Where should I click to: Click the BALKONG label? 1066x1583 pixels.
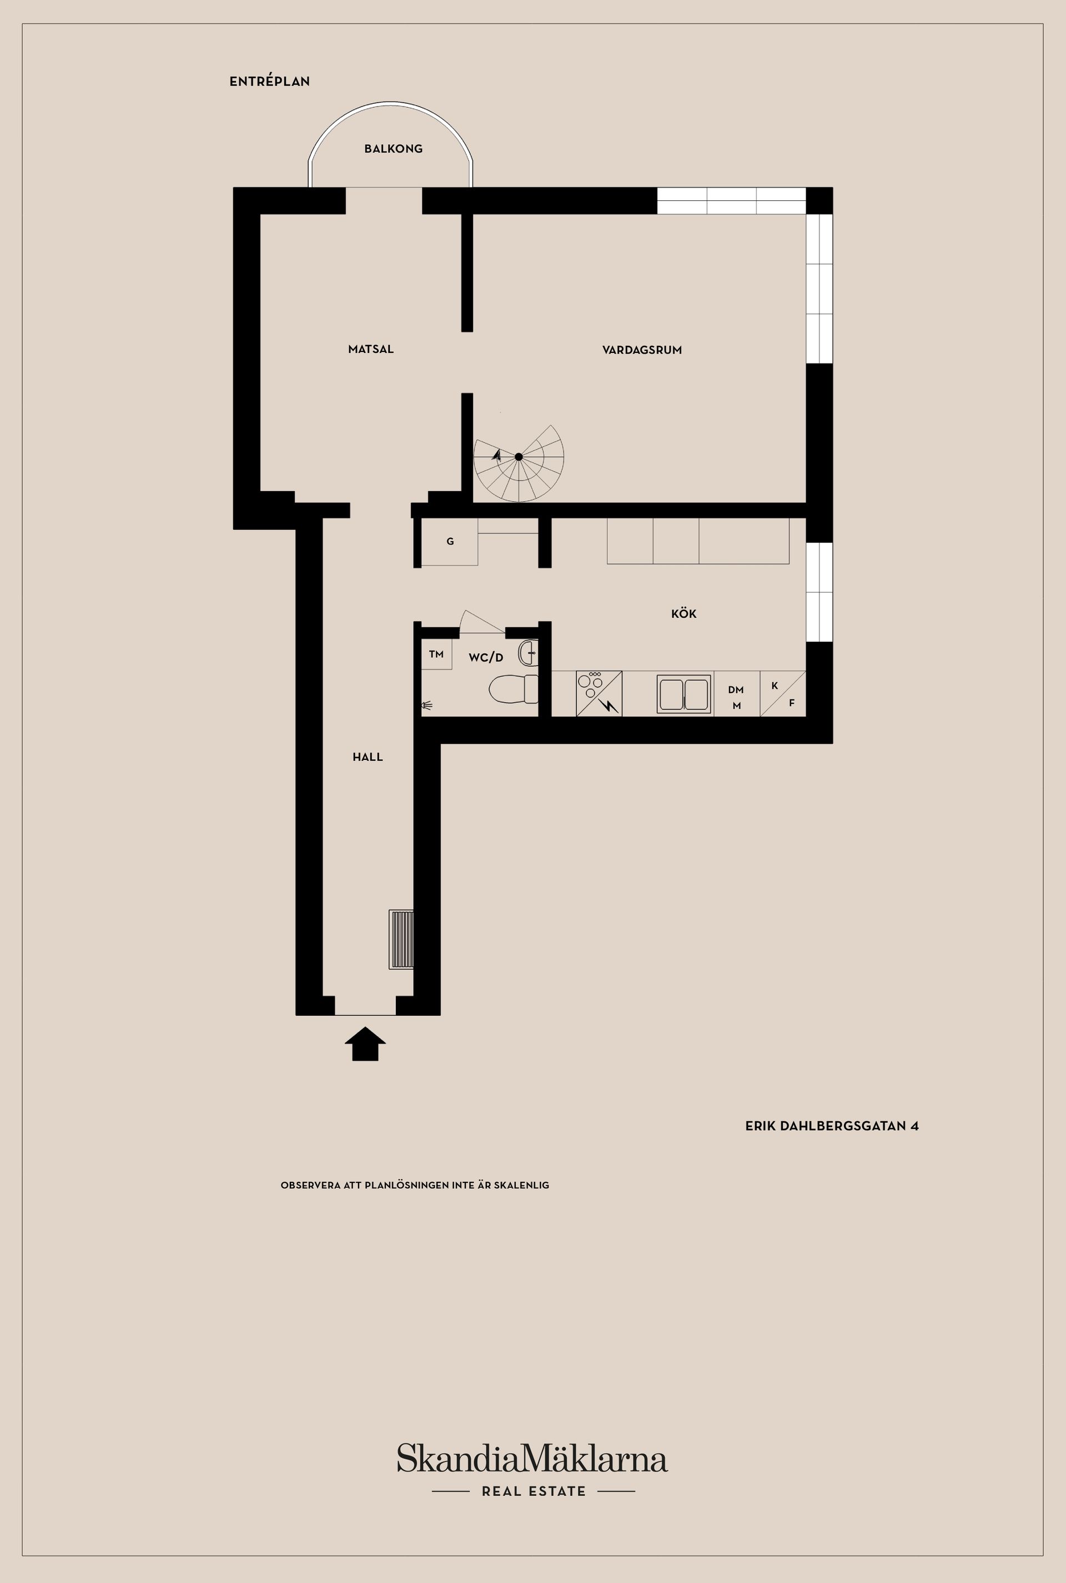pos(393,149)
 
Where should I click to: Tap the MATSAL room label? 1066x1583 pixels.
pos(370,349)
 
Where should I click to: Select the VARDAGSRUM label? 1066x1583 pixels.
pos(642,350)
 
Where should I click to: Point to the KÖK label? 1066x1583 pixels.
pos(684,613)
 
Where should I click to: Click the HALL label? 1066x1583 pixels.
pos(368,757)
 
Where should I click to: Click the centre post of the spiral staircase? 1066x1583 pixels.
pos(519,457)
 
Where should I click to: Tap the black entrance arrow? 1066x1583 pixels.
pos(365,1043)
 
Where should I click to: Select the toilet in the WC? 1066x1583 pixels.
pos(513,688)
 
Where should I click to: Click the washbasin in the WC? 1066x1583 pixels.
pos(528,653)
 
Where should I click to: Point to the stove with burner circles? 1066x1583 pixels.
pos(599,693)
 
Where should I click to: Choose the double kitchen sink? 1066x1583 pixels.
pos(684,694)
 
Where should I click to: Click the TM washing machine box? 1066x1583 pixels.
pos(436,654)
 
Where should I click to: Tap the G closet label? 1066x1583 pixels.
pos(450,542)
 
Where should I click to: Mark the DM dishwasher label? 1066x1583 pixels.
pos(736,690)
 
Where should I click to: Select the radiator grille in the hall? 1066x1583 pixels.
pos(401,939)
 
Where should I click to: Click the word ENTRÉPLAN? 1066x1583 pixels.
pos(269,82)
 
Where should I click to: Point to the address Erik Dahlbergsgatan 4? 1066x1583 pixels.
pos(832,1126)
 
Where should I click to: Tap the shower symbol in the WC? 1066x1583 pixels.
pos(426,705)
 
